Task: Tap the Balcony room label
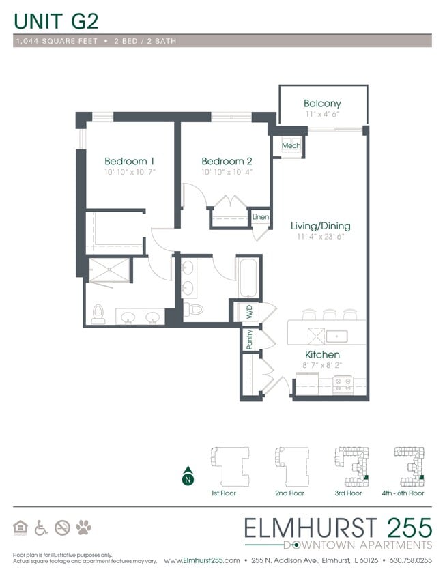coord(322,104)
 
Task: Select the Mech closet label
coord(291,146)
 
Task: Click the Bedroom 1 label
coord(129,161)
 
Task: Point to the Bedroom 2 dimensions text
coord(227,173)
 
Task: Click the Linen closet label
coord(260,218)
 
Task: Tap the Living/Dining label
coord(320,226)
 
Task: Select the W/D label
coord(248,313)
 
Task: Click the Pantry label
coord(249,340)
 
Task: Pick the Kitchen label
coord(321,355)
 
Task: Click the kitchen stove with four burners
coord(341,386)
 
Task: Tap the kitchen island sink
coord(336,336)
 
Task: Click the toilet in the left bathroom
coord(98,314)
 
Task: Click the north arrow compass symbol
coord(186,477)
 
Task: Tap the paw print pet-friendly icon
coord(83,528)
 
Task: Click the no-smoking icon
coord(62,528)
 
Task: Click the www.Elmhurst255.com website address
coord(202,560)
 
